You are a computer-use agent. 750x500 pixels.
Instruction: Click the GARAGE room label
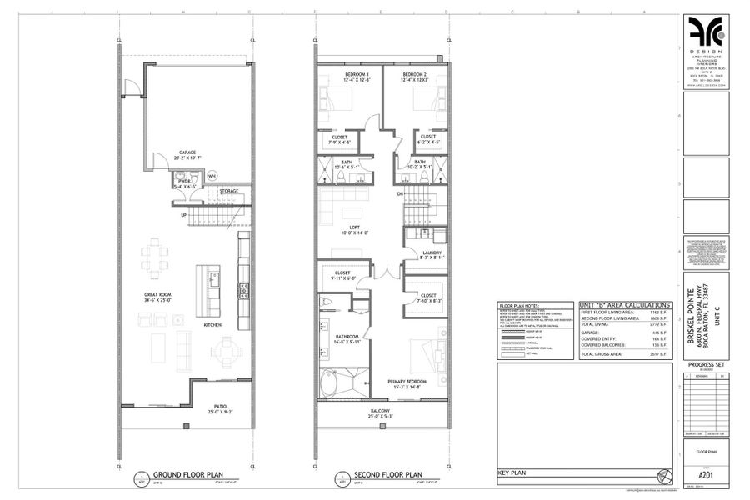[187, 152]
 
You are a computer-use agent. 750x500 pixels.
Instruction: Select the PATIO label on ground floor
[221, 407]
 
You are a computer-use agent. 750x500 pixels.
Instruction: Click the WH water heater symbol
[212, 177]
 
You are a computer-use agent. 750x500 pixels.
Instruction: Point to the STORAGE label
[229, 191]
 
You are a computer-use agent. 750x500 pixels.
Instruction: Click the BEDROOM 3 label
[357, 74]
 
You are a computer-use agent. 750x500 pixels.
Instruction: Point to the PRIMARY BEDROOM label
[407, 382]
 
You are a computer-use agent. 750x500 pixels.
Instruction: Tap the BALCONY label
[382, 411]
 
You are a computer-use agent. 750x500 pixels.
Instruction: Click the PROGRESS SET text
[705, 365]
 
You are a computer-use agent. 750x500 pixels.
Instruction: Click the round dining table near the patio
[222, 353]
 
